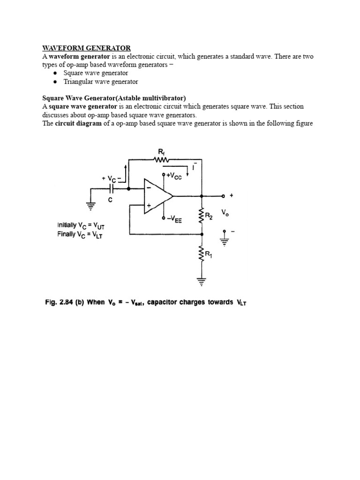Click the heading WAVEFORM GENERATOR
click(87, 48)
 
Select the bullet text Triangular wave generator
click(101, 82)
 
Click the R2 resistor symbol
click(202, 216)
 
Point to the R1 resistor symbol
click(202, 255)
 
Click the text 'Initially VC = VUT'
click(84, 225)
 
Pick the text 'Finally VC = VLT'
click(80, 235)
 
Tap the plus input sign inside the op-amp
click(149, 205)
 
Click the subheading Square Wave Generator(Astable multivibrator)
click(114, 98)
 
